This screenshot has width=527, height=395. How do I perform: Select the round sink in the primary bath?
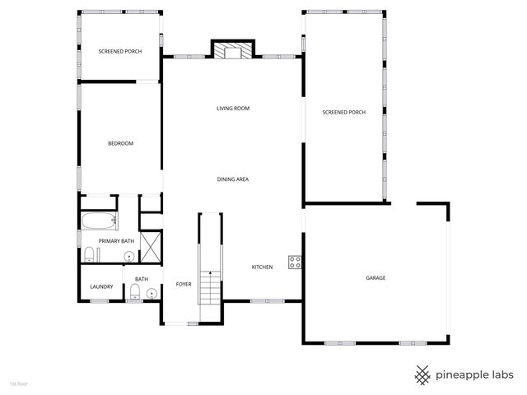click(128, 257)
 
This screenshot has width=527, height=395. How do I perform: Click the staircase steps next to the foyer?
click(212, 288)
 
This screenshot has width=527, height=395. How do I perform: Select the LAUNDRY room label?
click(102, 286)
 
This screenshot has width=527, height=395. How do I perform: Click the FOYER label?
click(184, 285)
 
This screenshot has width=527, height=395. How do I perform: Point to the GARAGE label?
click(375, 278)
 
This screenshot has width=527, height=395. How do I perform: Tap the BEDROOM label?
click(120, 143)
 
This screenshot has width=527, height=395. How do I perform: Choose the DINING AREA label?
click(233, 179)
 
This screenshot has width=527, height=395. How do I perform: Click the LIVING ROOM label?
click(233, 109)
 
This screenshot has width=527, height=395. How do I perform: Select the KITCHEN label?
click(262, 267)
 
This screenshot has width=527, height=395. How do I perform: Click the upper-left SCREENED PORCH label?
click(120, 51)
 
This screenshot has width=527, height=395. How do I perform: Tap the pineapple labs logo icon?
click(422, 374)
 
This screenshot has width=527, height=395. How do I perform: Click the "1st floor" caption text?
click(18, 383)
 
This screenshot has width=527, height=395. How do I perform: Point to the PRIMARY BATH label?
click(116, 241)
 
